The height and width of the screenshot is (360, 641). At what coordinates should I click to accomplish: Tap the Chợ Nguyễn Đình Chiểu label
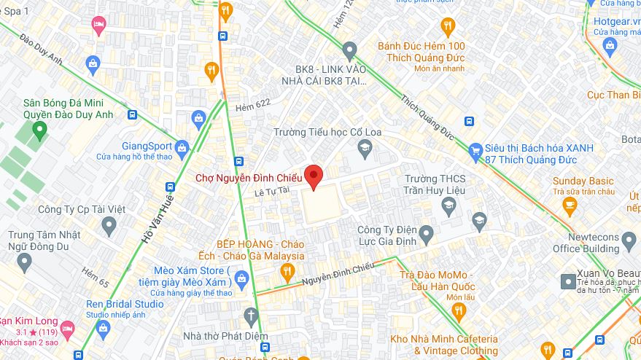(248, 178)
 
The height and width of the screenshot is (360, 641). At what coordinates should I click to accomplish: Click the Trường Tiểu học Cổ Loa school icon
(365, 150)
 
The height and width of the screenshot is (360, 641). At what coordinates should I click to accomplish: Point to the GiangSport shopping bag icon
(182, 146)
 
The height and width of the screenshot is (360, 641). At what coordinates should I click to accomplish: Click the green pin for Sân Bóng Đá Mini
(39, 131)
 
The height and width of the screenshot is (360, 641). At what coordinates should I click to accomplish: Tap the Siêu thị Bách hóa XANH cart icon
(476, 149)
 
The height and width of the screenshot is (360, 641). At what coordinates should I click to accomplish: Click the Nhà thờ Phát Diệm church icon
(252, 316)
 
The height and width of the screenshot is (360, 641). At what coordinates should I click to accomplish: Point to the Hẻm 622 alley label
(252, 106)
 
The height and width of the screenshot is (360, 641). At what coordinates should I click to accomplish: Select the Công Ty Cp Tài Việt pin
(109, 226)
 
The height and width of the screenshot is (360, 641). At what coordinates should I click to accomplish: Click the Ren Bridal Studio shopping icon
(103, 329)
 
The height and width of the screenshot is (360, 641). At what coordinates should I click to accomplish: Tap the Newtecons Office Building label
(585, 243)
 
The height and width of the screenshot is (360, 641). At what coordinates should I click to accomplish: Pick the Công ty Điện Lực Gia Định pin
(427, 235)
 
